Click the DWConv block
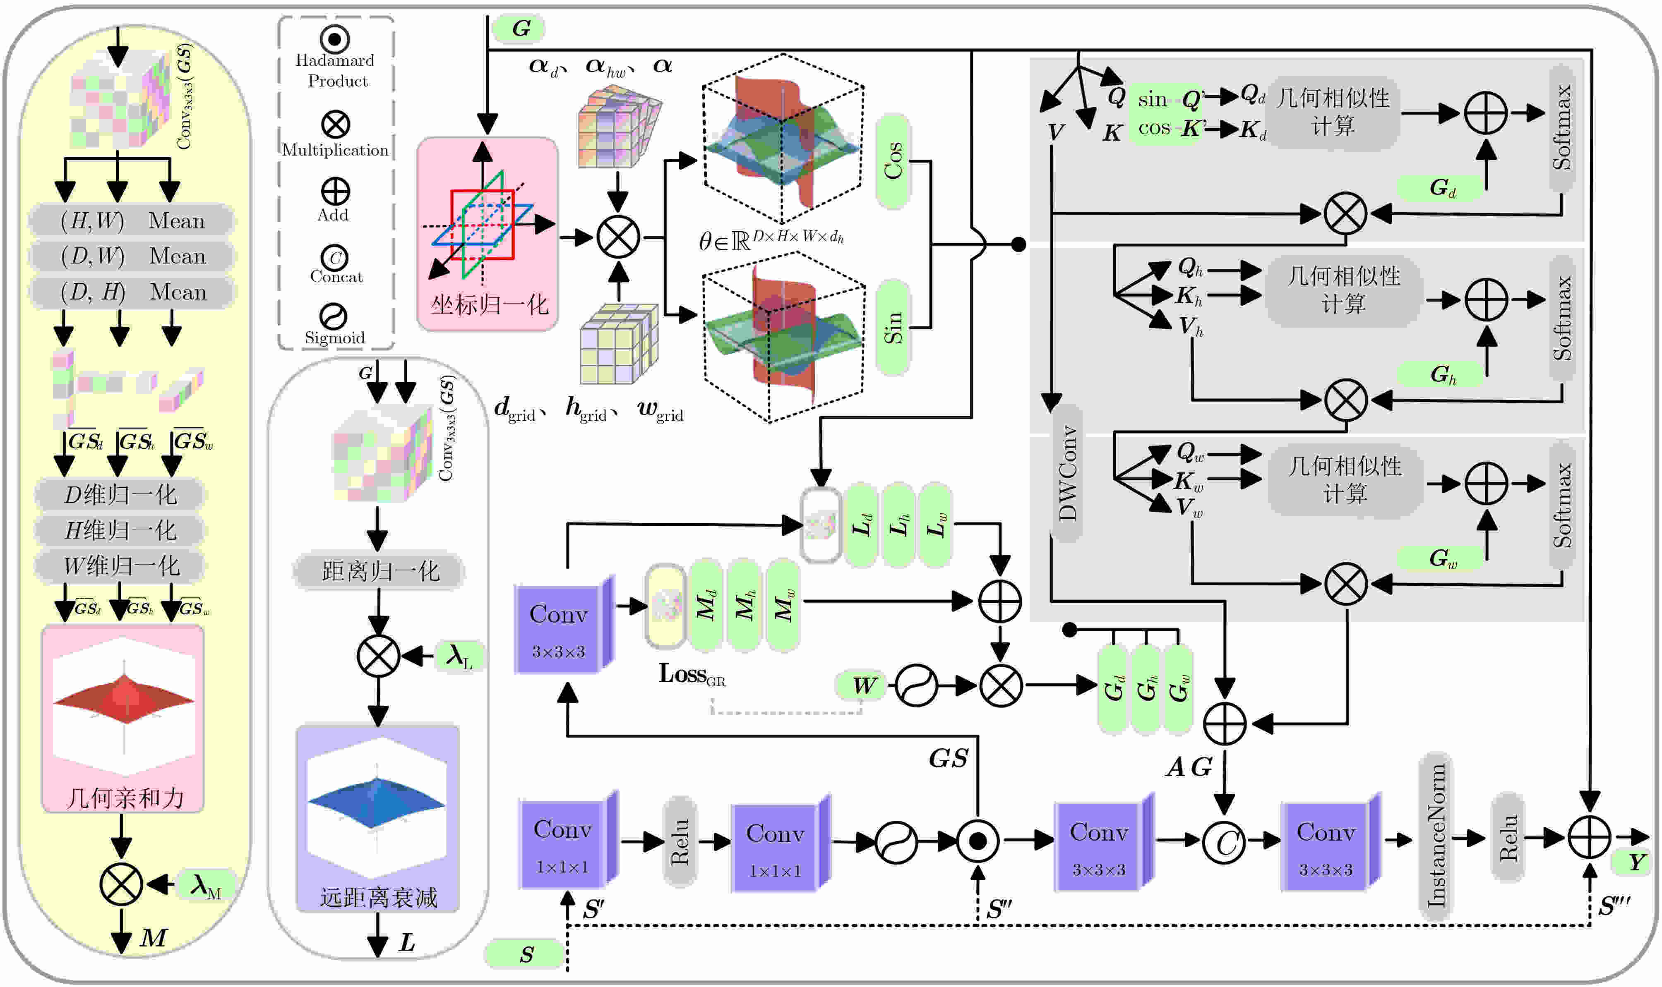(x=1066, y=472)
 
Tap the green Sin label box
(x=893, y=327)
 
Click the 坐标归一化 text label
(x=489, y=304)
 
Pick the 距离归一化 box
(x=379, y=571)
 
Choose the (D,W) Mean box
(x=132, y=256)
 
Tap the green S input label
(x=526, y=954)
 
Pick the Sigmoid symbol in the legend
(x=333, y=316)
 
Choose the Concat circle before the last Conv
(x=1224, y=841)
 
